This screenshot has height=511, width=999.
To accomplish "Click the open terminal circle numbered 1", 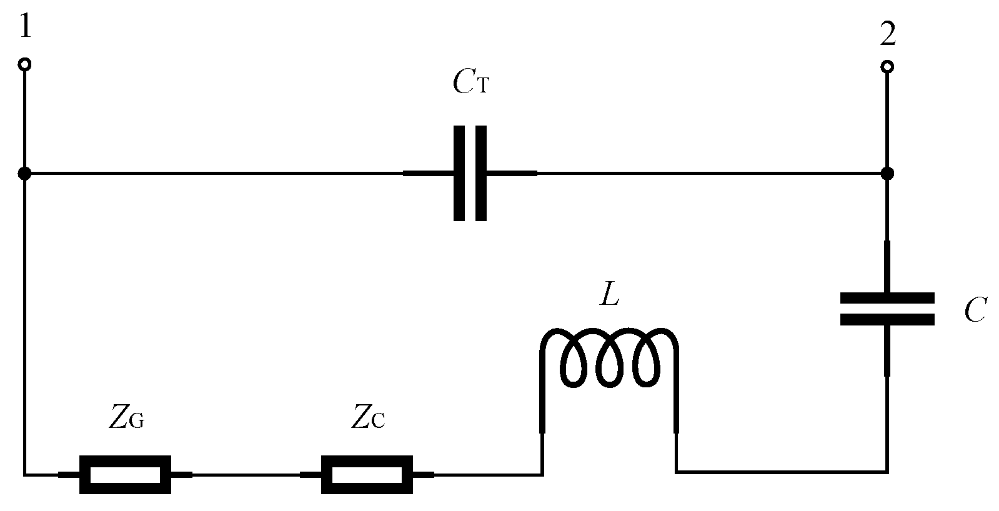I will click(x=24, y=64).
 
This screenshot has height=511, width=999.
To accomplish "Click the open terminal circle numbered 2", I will click(x=887, y=66).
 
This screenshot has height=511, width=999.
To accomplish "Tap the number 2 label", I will click(x=887, y=34).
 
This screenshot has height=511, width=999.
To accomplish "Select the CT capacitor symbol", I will click(x=470, y=173).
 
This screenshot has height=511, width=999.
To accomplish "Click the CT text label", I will click(x=470, y=82).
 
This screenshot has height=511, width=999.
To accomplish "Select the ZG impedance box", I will click(x=125, y=475).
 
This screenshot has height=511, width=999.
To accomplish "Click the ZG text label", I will click(x=127, y=419).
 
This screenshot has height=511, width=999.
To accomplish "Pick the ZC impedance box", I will click(x=367, y=475).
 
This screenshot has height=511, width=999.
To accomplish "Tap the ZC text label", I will click(x=367, y=419).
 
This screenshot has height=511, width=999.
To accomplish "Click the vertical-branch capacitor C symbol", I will click(x=887, y=309).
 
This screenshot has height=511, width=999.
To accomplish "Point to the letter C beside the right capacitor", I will click(x=975, y=310).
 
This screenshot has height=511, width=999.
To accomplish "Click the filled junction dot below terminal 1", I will click(x=24, y=173).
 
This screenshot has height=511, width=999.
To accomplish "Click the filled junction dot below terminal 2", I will click(x=887, y=173).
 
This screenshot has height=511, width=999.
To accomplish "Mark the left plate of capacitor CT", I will click(x=459, y=173).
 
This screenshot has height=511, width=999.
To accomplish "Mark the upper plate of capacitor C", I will click(x=887, y=298).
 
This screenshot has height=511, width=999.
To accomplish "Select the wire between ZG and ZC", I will click(x=246, y=475).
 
